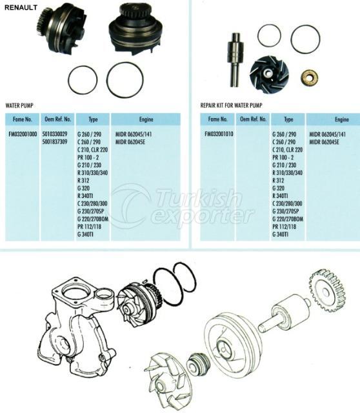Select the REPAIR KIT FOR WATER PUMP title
(x=231, y=105)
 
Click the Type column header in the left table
(x=94, y=119)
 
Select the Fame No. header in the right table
(x=217, y=119)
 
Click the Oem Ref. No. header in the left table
(x=57, y=119)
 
